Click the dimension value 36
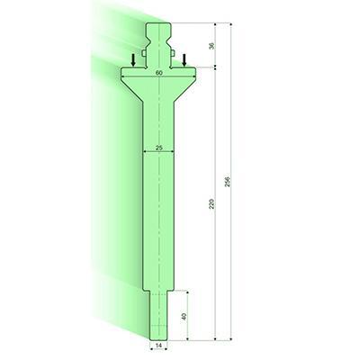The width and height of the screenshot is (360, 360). click(211, 46)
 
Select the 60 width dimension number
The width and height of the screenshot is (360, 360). click(158, 71)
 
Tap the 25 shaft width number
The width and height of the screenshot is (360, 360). click(158, 147)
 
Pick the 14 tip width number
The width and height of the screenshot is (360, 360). click(158, 345)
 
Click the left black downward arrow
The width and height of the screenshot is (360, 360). click(133, 59)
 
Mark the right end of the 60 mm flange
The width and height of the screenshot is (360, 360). click(197, 77)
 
